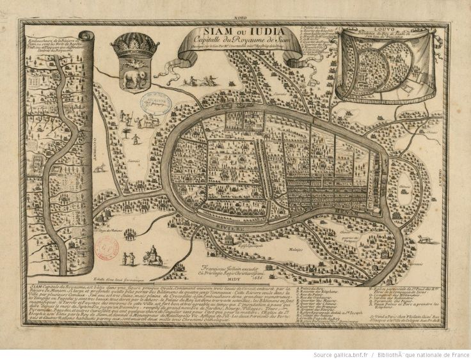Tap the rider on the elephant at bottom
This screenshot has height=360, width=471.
point(152,254)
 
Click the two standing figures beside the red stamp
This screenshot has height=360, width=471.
point(129,258)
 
